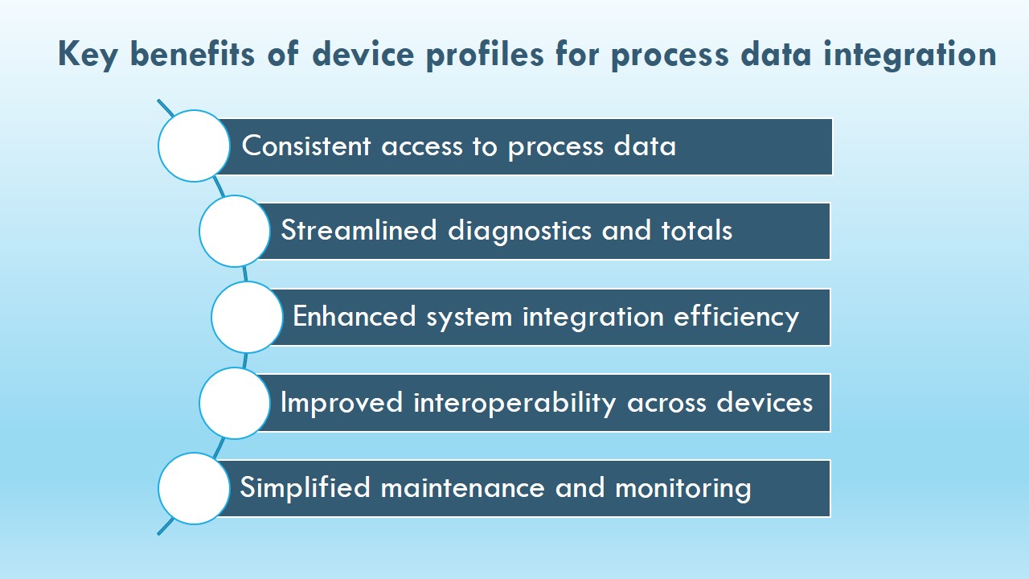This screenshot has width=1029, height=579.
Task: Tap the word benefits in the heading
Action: pyautogui.click(x=192, y=54)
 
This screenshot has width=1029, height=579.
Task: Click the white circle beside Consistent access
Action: pyautogui.click(x=194, y=146)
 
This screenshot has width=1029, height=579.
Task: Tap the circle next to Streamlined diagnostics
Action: pyautogui.click(x=235, y=231)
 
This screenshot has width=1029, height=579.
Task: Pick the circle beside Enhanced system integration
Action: pyautogui.click(x=247, y=317)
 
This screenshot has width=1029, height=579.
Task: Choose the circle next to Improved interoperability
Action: pyautogui.click(x=235, y=403)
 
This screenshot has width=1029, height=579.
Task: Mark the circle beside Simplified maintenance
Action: pyautogui.click(x=194, y=488)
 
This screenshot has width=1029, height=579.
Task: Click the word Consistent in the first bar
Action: pyautogui.click(x=306, y=146)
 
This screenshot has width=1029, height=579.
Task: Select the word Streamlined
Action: pyautogui.click(x=359, y=230)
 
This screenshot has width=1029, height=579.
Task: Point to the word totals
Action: pyautogui.click(x=696, y=230)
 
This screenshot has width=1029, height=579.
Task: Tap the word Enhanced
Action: pyautogui.click(x=355, y=316)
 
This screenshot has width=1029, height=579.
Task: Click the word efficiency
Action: pyautogui.click(x=736, y=317)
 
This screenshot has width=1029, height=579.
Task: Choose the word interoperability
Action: pyautogui.click(x=514, y=403)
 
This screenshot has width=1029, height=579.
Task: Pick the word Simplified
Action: pyautogui.click(x=305, y=487)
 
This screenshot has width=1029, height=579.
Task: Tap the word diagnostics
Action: pyautogui.click(x=519, y=231)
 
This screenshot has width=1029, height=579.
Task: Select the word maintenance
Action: pyautogui.click(x=462, y=488)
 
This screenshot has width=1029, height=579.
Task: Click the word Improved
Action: pyautogui.click(x=342, y=403)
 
